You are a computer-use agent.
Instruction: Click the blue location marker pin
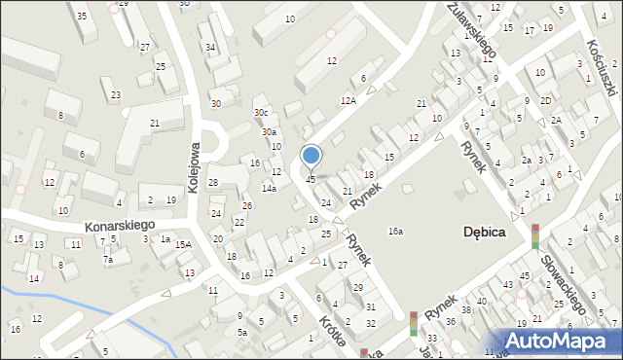coord(311,157)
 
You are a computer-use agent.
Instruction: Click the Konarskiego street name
coord(119,225)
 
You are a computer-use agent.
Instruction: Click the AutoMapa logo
coord(562,340)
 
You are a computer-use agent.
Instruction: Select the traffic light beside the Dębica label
coord(534,235)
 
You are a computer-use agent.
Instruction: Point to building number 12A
coord(348,100)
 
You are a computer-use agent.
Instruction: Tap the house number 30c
coord(261,112)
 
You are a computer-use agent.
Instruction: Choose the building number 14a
coord(269,188)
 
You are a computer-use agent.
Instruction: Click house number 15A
coord(183,245)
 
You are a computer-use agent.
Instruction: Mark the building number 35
coord(82,17)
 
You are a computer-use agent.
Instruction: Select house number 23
coord(116,94)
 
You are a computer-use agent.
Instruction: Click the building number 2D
coord(546,100)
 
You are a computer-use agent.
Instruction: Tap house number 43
coord(507,283)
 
